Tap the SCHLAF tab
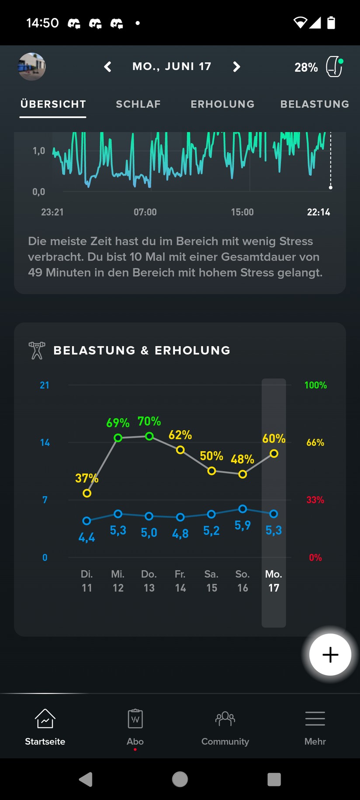(138, 104)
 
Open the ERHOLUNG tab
(222, 104)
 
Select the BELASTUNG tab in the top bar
(315, 104)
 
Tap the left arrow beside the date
(108, 67)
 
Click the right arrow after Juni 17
(236, 67)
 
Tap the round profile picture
(32, 67)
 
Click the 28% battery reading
(306, 67)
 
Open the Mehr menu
(315, 726)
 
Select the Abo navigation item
(135, 726)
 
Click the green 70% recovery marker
(149, 436)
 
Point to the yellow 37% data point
(87, 493)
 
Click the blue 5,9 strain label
(242, 525)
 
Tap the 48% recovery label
(242, 459)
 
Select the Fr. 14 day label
(180, 581)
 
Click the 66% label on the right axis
(315, 442)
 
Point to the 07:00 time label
(145, 212)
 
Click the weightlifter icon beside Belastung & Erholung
(37, 351)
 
